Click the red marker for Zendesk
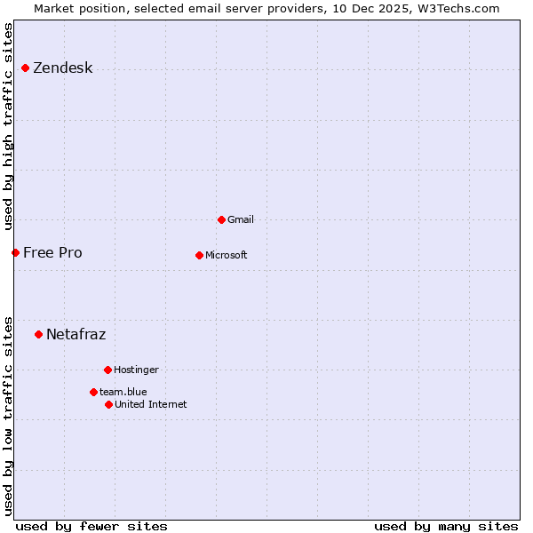click(x=25, y=68)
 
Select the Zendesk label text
click(x=63, y=68)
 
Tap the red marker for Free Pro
click(x=15, y=252)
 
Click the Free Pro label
click(x=52, y=253)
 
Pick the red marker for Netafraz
click(x=38, y=334)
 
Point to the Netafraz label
click(x=76, y=335)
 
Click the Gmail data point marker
click(x=221, y=219)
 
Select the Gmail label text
click(x=241, y=220)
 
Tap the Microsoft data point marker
click(x=199, y=255)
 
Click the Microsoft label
click(x=227, y=256)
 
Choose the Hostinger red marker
click(x=107, y=370)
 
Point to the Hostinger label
click(x=136, y=370)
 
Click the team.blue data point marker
click(x=93, y=392)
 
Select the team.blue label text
click(x=123, y=392)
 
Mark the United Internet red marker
click(x=108, y=404)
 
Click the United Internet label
click(x=151, y=405)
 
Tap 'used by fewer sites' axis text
click(x=91, y=526)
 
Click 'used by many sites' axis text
click(x=446, y=526)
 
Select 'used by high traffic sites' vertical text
click(x=8, y=126)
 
